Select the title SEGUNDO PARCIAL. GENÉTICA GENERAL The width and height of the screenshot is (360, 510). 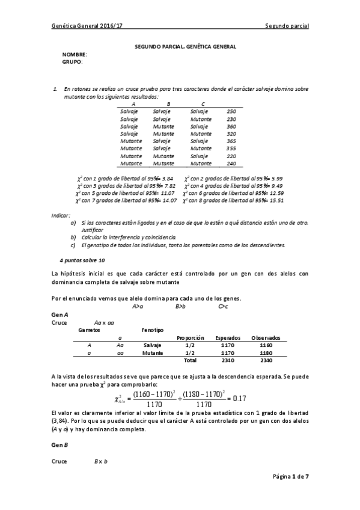(x=185, y=46)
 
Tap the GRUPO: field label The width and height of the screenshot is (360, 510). (x=72, y=61)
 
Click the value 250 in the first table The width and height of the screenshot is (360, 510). (x=231, y=111)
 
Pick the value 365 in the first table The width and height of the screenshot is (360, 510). (x=231, y=140)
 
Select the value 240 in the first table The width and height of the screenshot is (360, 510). (x=231, y=163)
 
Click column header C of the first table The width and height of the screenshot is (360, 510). (x=203, y=104)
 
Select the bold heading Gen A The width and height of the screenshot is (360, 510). (x=59, y=315)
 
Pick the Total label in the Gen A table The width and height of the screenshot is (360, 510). (x=190, y=361)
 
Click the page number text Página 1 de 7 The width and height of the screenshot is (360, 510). (x=290, y=476)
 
